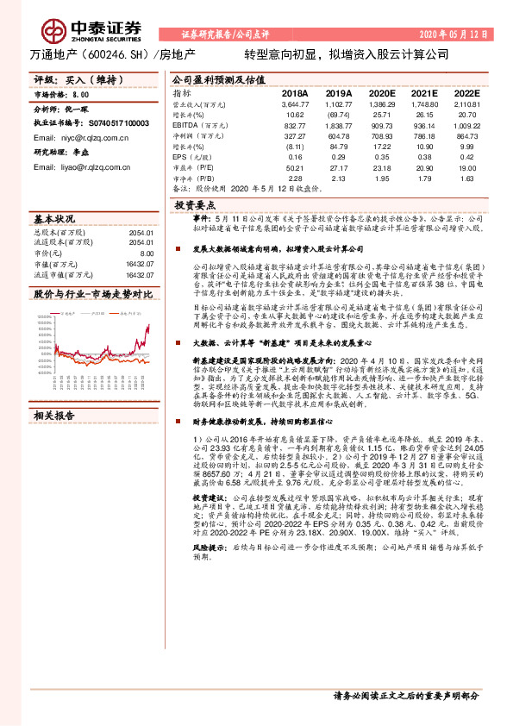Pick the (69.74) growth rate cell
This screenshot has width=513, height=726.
338,114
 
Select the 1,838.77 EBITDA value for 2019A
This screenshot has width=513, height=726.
338,125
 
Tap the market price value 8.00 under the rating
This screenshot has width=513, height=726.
81,94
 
